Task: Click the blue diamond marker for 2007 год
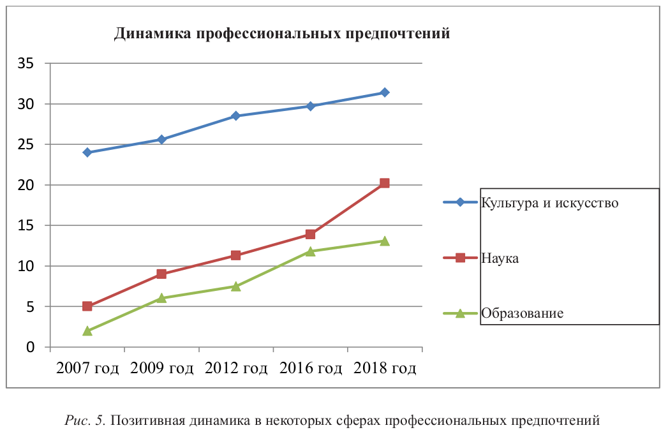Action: tap(87, 152)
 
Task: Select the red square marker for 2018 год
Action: tap(384, 183)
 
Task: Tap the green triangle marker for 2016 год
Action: tap(310, 251)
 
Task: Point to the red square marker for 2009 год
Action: tap(161, 274)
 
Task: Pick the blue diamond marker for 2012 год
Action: tap(235, 116)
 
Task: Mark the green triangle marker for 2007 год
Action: tap(87, 330)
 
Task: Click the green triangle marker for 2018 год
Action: tap(384, 241)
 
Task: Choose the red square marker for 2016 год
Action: tap(310, 235)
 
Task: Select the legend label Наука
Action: tap(500, 258)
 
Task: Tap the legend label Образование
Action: tap(522, 313)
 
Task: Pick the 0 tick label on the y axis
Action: tap(29, 347)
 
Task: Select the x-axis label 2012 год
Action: tap(235, 368)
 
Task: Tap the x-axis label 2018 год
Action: tap(384, 368)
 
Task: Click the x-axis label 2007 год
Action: tap(87, 368)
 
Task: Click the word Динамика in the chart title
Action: tap(152, 34)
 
